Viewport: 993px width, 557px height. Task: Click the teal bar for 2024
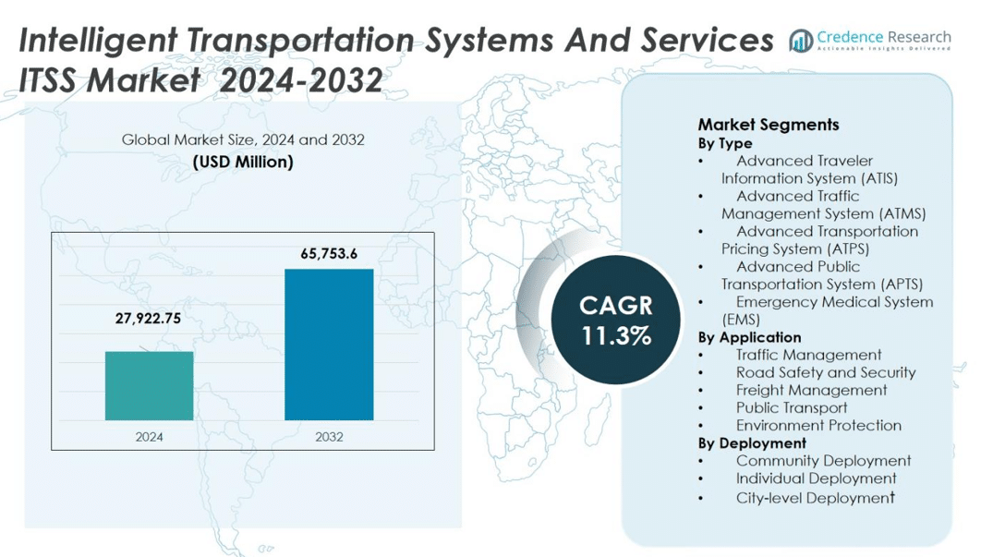pos(149,386)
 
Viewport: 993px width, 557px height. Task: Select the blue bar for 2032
pos(329,345)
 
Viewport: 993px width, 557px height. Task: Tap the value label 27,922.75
pos(148,318)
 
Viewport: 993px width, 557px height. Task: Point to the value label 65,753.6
pos(329,253)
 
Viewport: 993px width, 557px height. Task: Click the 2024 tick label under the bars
pos(149,436)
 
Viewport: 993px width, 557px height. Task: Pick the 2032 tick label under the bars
pos(329,436)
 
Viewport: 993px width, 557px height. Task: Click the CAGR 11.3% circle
pos(616,320)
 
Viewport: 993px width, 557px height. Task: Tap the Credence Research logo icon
pos(800,41)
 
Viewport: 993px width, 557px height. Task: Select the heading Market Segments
pos(768,125)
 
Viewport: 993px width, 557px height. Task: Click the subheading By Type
pos(725,143)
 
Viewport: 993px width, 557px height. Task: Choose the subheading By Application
pos(749,337)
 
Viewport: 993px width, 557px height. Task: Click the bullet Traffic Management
pos(808,355)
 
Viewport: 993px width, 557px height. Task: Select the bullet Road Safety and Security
pos(825,372)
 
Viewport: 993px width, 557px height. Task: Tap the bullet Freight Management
pos(811,390)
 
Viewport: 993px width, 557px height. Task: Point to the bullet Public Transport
pos(792,407)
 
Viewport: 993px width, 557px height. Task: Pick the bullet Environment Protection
pos(818,425)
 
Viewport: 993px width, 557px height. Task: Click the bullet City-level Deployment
pos(816,498)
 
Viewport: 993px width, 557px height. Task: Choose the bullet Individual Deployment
pos(816,478)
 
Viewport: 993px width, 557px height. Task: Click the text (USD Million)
pos(243,162)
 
